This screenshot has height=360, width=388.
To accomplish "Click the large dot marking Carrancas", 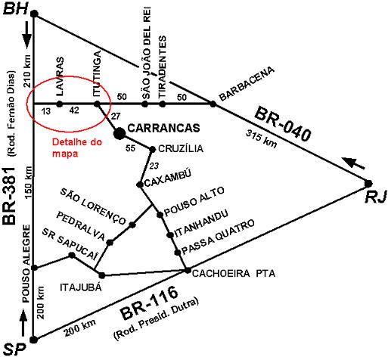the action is coord(120,133).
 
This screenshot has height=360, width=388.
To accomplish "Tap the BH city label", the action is coord(15,10).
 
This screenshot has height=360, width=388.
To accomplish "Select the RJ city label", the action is coord(376,197).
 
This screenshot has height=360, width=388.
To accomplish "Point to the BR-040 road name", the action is coord(282,124).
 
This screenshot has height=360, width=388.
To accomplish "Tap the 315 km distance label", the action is coord(262,138).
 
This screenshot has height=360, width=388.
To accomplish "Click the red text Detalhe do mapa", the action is coord(77,147).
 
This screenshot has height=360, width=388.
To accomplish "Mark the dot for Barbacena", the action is coord(213,104).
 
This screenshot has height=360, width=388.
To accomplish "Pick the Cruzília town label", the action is coord(181,148).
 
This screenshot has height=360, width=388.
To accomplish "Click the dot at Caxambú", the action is coord(139,185).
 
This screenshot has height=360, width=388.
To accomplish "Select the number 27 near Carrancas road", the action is coord(115,116).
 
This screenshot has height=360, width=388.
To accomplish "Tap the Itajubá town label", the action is coord(81,287).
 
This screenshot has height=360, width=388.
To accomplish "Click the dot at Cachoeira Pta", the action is coord(188,270).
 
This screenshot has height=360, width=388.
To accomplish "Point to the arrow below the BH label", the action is coord(27,35).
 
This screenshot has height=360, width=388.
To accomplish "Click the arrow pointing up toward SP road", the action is coord(23,322).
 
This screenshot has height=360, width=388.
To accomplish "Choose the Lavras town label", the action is coord(60,76).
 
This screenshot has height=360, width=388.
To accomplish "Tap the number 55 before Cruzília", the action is coord(130,148).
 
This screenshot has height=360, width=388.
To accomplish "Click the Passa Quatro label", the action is coord(218,237).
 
